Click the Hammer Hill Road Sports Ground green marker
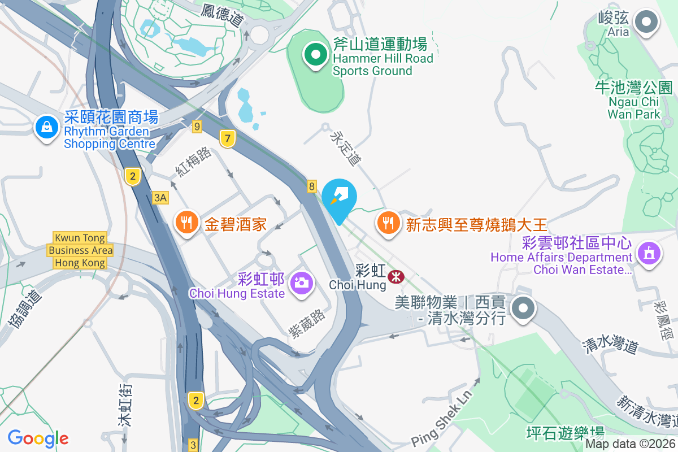[x=316, y=55]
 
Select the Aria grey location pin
[x=646, y=23]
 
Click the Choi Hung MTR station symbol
[x=395, y=276]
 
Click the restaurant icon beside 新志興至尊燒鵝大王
[x=388, y=222]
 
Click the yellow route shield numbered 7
[x=228, y=138]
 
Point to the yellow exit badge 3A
[x=160, y=197]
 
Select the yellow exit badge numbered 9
[x=197, y=127]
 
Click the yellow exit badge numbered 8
[x=312, y=186]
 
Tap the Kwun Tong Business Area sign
[x=80, y=250]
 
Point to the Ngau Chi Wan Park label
[x=634, y=101]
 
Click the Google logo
[x=38, y=438]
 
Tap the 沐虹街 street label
[x=125, y=404]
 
